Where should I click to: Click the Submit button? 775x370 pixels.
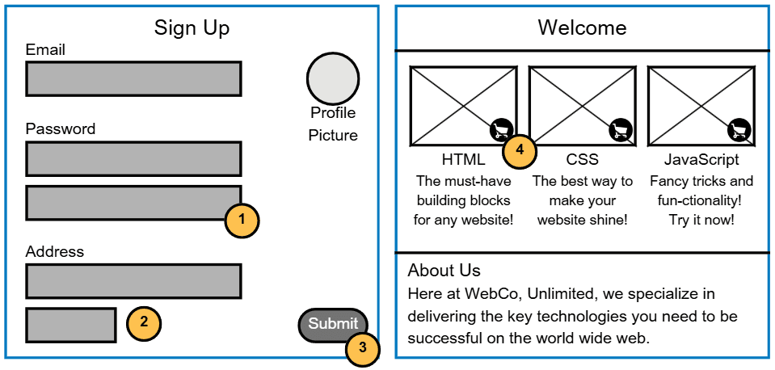pyautogui.click(x=332, y=324)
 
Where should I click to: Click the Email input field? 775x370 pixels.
pyautogui.click(x=133, y=79)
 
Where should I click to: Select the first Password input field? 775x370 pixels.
pyautogui.click(x=133, y=159)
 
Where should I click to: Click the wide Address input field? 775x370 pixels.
pyautogui.click(x=133, y=281)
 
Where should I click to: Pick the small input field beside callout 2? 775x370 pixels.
pyautogui.click(x=71, y=325)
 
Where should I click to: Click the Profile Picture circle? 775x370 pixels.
pyautogui.click(x=332, y=79)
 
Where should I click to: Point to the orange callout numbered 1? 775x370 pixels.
pyautogui.click(x=242, y=220)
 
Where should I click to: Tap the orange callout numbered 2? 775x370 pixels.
pyautogui.click(x=144, y=322)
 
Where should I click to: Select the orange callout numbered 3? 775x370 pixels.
pyautogui.click(x=363, y=348)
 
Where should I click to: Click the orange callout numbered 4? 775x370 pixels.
pyautogui.click(x=520, y=150)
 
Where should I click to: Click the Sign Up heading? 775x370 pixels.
pyautogui.click(x=192, y=28)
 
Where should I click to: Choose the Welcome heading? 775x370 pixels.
pyautogui.click(x=582, y=28)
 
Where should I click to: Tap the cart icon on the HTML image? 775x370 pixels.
pyautogui.click(x=501, y=129)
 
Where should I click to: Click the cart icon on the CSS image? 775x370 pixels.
pyautogui.click(x=620, y=129)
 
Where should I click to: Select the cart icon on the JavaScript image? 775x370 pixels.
pyautogui.click(x=739, y=129)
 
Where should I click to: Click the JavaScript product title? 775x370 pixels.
pyautogui.click(x=701, y=160)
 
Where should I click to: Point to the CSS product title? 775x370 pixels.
pyautogui.click(x=582, y=160)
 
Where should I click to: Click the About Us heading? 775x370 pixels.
pyautogui.click(x=444, y=271)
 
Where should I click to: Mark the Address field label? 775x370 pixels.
pyautogui.click(x=55, y=252)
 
